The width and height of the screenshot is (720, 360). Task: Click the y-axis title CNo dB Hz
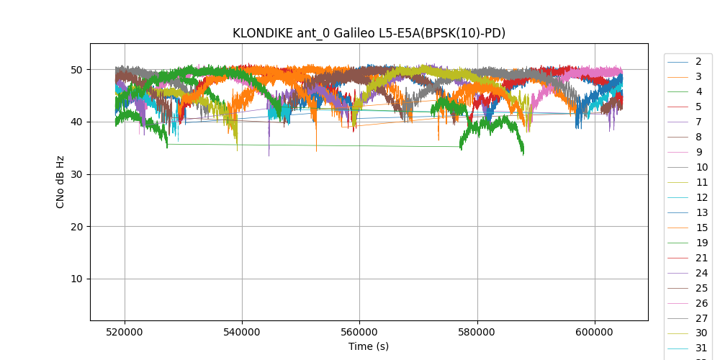point(60,181)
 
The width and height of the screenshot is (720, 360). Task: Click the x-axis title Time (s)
point(369,346)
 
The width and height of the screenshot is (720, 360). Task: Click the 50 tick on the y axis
point(76,70)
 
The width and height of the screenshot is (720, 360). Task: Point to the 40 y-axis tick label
point(76,122)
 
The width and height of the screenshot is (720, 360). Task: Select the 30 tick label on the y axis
point(76,174)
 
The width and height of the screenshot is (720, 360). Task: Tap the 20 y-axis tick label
point(76,227)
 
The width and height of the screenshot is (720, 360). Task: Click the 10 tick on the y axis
point(76,279)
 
